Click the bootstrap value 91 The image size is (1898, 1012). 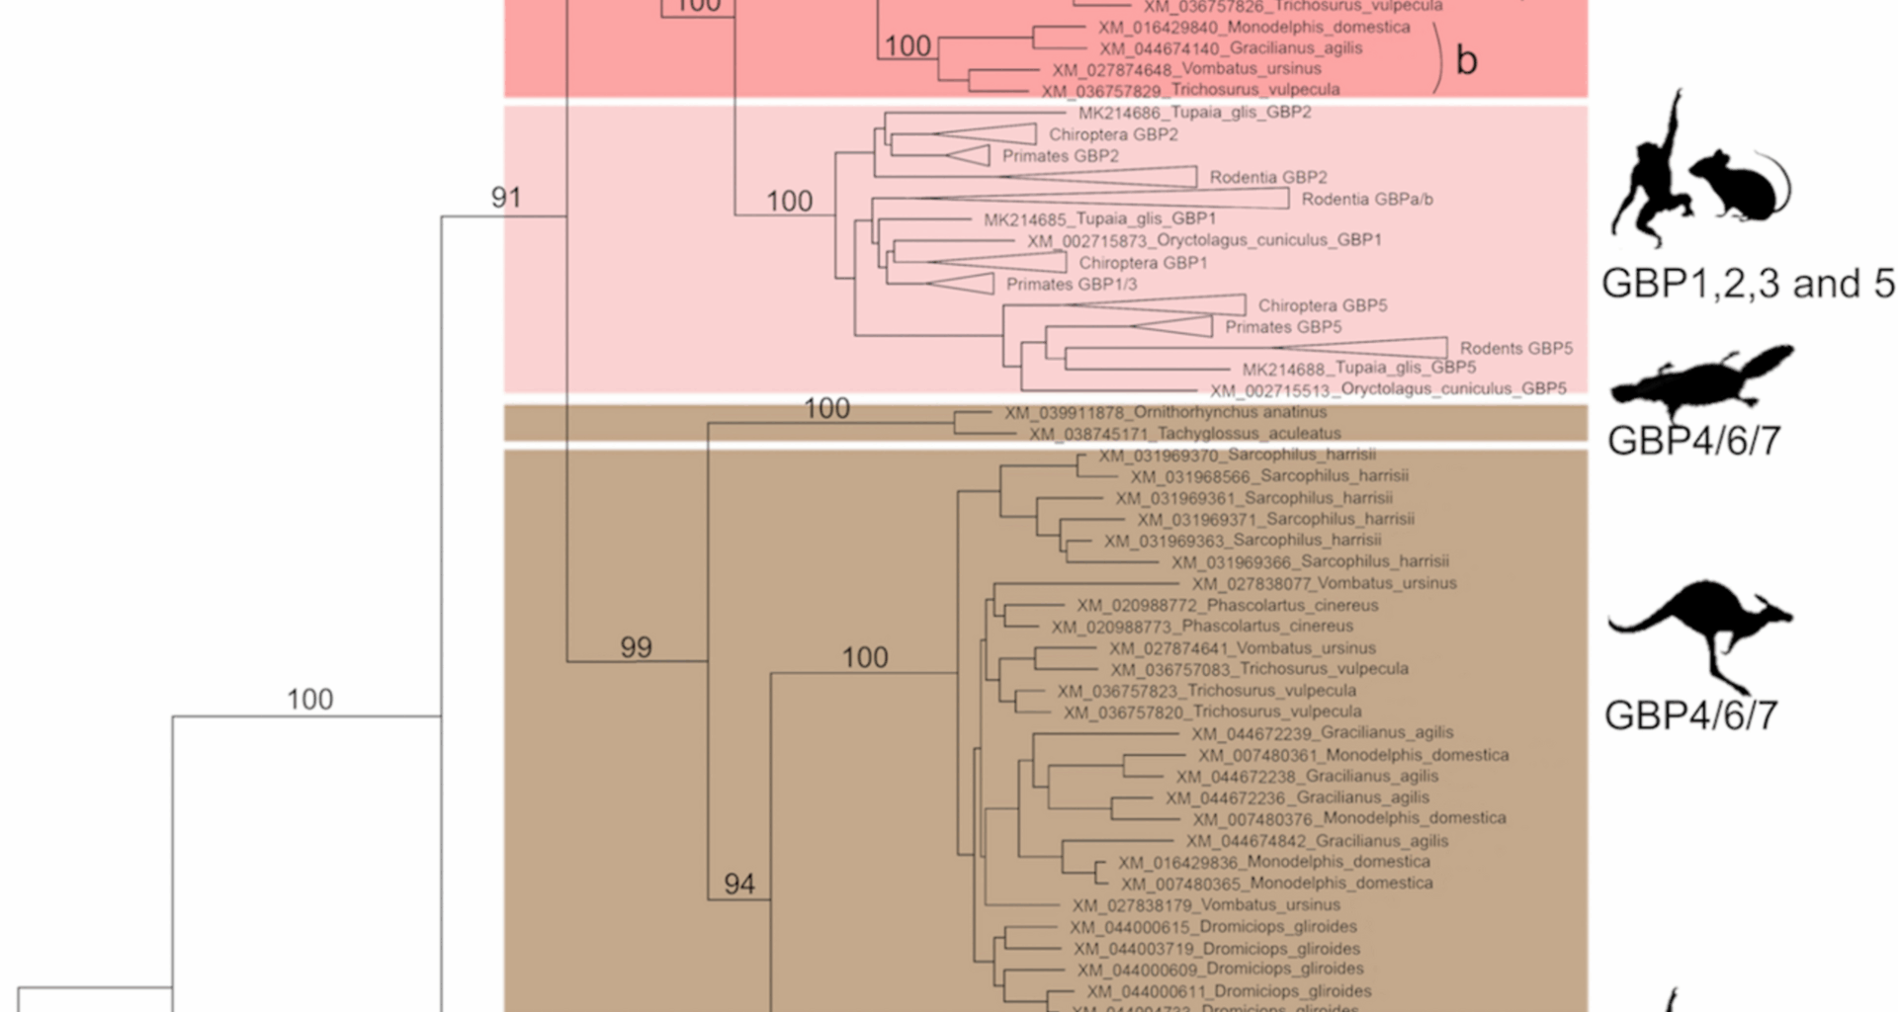click(506, 198)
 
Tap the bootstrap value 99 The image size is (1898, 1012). click(636, 647)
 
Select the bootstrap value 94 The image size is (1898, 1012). click(739, 884)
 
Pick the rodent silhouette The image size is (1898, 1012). click(1740, 185)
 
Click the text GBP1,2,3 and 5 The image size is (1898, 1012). click(1748, 284)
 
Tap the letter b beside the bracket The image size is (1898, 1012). click(1466, 61)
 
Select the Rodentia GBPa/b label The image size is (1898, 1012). click(1366, 200)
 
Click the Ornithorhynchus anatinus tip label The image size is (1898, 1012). click(1165, 412)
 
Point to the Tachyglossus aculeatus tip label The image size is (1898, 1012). click(1184, 434)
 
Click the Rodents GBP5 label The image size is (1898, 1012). click(1515, 348)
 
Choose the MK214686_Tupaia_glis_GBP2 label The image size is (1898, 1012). click(1194, 113)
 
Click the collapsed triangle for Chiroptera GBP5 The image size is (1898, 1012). click(1176, 304)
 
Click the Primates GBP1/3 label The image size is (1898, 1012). click(1071, 285)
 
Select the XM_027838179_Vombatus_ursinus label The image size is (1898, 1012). click(1206, 905)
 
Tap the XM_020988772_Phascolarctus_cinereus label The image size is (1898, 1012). click(1227, 605)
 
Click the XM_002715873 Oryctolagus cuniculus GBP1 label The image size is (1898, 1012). click(1203, 240)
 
